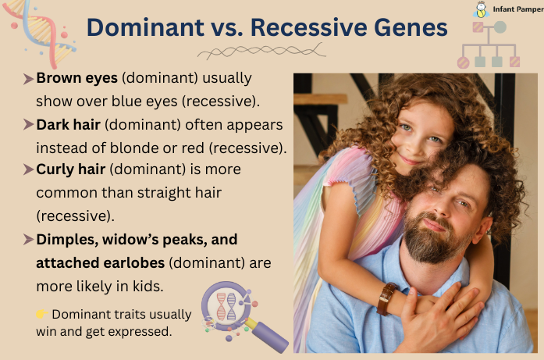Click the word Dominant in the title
coord(145,27)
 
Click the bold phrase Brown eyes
coord(76,78)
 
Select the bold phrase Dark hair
coord(69,125)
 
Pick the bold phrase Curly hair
coord(71,169)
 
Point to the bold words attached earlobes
coord(100,263)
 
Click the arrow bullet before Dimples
coord(28,240)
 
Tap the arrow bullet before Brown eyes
coord(28,79)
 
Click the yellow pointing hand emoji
coord(41,314)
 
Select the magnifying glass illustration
coord(243,316)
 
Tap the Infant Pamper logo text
coord(518,9)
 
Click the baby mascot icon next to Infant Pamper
coord(481,9)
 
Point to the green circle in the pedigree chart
coord(500,27)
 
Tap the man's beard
coord(430,240)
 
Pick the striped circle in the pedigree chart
coord(463,62)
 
